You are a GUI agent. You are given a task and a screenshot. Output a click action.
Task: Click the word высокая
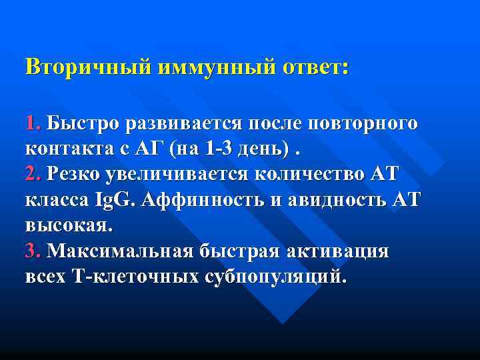click(x=69, y=226)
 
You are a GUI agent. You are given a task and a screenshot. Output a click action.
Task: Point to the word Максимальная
click(x=119, y=251)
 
